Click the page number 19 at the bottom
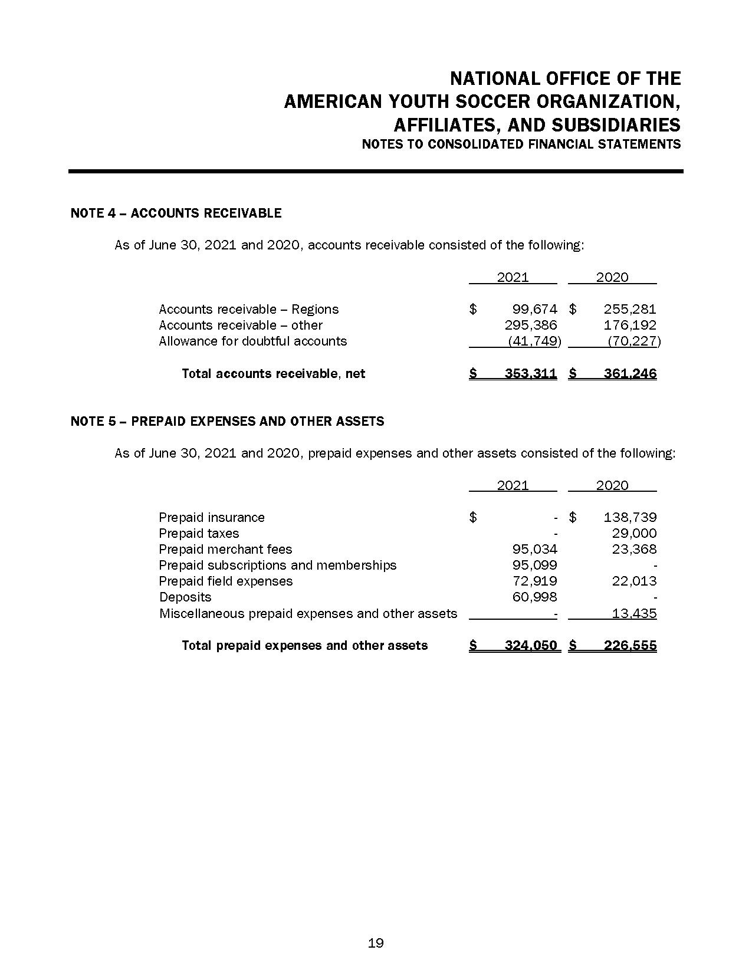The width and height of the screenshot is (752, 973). click(x=376, y=943)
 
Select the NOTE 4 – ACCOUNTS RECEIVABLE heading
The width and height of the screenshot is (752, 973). click(x=176, y=213)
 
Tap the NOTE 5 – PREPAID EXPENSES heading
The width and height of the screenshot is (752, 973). click(x=227, y=421)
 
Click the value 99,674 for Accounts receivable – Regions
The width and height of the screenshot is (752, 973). click(x=535, y=309)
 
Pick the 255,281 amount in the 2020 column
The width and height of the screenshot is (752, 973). click(x=630, y=309)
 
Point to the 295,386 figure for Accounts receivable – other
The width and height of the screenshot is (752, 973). click(x=531, y=325)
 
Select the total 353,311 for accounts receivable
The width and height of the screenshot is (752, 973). click(x=531, y=373)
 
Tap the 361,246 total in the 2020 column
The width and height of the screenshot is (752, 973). click(x=630, y=373)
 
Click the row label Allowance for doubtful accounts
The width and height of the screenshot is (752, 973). click(x=252, y=341)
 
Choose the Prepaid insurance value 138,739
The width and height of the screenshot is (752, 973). click(x=630, y=517)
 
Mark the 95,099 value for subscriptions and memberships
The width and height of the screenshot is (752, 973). click(x=535, y=565)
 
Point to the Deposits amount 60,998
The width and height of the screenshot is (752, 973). click(x=535, y=597)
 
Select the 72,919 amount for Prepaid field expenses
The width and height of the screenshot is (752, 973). click(x=535, y=581)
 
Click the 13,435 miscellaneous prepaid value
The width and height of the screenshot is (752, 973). click(x=634, y=613)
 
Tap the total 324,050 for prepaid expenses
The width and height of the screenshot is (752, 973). click(x=531, y=645)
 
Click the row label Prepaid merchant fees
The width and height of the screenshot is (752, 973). click(x=225, y=549)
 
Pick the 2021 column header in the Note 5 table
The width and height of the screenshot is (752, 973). click(x=513, y=485)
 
